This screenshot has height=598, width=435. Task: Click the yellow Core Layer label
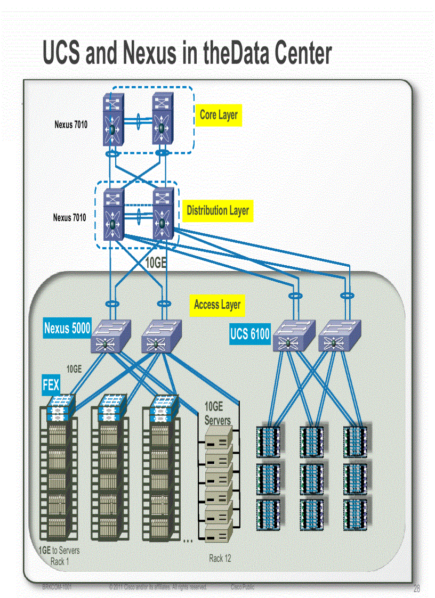click(219, 114)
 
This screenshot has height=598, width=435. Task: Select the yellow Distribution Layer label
click(217, 210)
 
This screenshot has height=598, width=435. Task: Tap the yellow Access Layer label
click(217, 305)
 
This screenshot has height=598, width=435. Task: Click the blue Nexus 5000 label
click(67, 328)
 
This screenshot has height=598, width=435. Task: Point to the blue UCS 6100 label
click(250, 334)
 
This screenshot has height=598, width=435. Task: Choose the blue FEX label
click(51, 384)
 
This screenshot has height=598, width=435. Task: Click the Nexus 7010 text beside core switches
click(71, 125)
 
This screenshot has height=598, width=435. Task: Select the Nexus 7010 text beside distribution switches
click(69, 218)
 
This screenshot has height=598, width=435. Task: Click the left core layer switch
click(113, 120)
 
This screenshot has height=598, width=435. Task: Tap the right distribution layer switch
click(163, 215)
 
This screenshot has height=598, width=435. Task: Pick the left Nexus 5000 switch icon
click(111, 337)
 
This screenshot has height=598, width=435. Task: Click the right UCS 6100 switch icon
click(339, 336)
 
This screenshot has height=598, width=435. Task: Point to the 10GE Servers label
click(217, 413)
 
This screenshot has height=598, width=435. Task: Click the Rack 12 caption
click(220, 558)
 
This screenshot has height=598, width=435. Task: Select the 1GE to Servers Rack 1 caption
click(59, 555)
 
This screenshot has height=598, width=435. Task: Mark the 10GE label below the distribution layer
click(156, 263)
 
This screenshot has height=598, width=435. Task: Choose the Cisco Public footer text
click(243, 587)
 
